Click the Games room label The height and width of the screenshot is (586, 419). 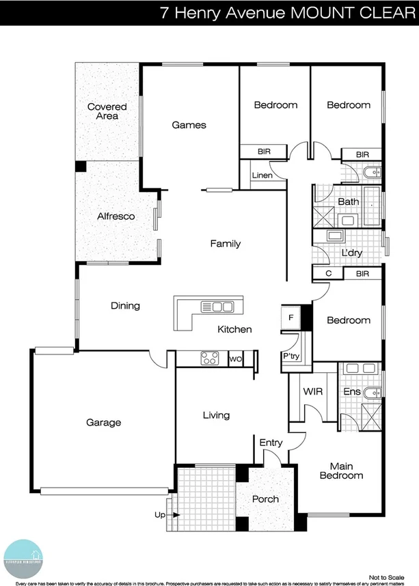(x=189, y=125)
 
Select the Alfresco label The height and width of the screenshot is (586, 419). (x=116, y=216)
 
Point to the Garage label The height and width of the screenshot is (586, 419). (x=103, y=422)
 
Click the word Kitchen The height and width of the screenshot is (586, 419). (x=234, y=329)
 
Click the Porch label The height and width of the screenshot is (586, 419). (x=265, y=499)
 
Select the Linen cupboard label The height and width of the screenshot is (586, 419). (x=262, y=176)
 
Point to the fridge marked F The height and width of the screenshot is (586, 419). (x=290, y=318)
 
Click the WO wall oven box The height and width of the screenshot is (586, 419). (x=234, y=358)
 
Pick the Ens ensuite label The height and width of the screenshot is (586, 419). (x=351, y=392)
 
